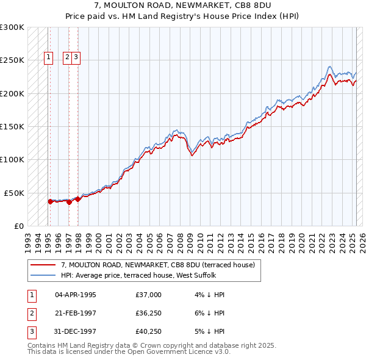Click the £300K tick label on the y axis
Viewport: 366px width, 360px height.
click(x=12, y=27)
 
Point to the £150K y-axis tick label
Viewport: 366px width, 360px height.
click(x=12, y=126)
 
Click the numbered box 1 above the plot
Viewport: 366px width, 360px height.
click(x=48, y=58)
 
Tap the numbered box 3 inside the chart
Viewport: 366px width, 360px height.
click(x=76, y=58)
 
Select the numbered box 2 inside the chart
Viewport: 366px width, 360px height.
click(x=66, y=58)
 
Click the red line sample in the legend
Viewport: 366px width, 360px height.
click(x=43, y=265)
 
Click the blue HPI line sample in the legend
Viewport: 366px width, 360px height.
click(x=43, y=275)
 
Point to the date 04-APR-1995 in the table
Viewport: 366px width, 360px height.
click(x=76, y=295)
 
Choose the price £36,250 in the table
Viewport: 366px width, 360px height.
click(x=149, y=314)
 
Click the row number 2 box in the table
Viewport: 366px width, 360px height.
click(x=30, y=314)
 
